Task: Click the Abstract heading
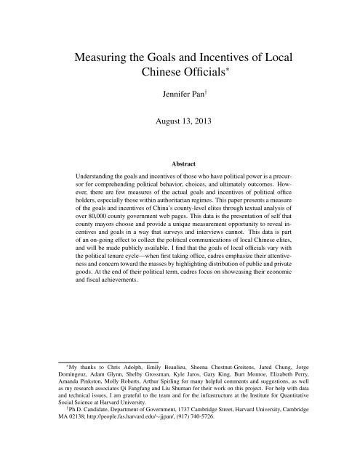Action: click(x=180, y=184)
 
